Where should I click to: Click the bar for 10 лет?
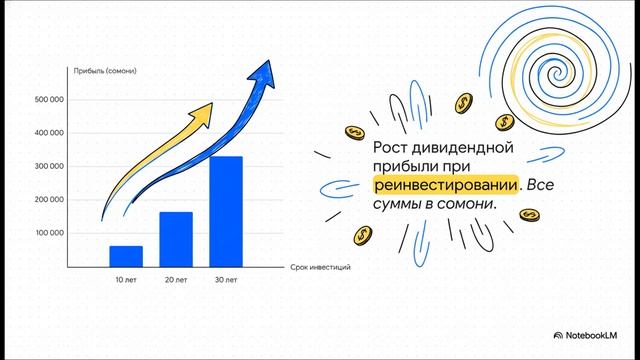(x=126, y=256)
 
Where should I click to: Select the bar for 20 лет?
(x=176, y=239)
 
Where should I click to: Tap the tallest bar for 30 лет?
(x=226, y=211)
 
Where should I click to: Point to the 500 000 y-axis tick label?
(x=49, y=100)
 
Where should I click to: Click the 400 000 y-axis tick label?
(x=49, y=133)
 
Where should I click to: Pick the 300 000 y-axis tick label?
(x=49, y=166)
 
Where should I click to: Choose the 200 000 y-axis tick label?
(x=49, y=200)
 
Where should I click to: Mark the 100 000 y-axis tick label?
(x=49, y=233)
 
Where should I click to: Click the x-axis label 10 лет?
(x=126, y=279)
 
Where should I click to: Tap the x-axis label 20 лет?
(x=176, y=279)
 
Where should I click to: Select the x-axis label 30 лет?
(x=226, y=279)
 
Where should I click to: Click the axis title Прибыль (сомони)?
(x=104, y=70)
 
